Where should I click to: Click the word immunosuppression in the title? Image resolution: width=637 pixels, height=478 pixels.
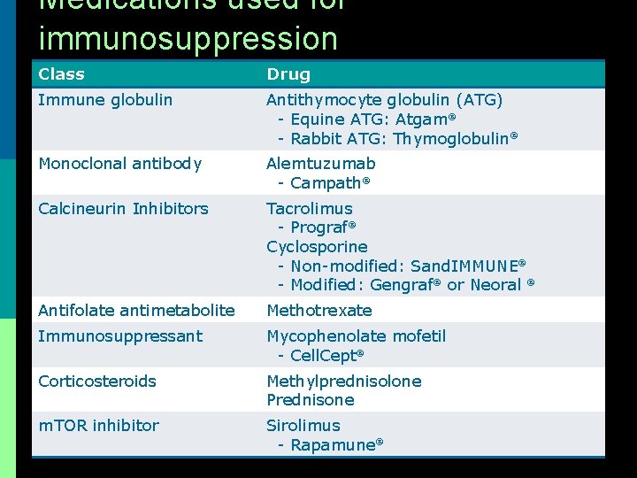pos(188,39)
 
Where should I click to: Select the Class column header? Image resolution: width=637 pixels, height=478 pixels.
pos(61,74)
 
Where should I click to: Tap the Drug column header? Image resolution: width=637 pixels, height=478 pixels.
pos(288,74)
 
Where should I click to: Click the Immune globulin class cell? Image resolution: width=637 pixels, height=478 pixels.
pos(105,100)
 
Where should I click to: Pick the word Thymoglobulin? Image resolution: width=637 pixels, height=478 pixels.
pos(451,139)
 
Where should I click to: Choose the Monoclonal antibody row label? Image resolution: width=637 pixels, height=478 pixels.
pos(119,164)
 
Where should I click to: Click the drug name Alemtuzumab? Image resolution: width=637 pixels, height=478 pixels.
pos(321,164)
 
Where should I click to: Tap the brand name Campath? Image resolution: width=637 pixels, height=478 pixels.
pos(326,183)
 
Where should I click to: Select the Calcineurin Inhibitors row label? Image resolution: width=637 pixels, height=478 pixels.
pos(123,209)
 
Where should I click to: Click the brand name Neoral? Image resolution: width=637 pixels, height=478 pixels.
pos(495,285)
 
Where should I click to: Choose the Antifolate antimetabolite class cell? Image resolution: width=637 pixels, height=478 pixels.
pos(136,311)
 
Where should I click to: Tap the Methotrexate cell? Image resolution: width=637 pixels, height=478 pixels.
pos(319,311)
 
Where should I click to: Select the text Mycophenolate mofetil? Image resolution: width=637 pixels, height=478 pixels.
pos(356,336)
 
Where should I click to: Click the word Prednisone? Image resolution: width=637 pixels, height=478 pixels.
pos(311,400)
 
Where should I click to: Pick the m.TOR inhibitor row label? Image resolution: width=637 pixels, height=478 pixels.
pos(98,426)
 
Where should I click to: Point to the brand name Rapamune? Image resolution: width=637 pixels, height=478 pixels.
pos(333,445)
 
